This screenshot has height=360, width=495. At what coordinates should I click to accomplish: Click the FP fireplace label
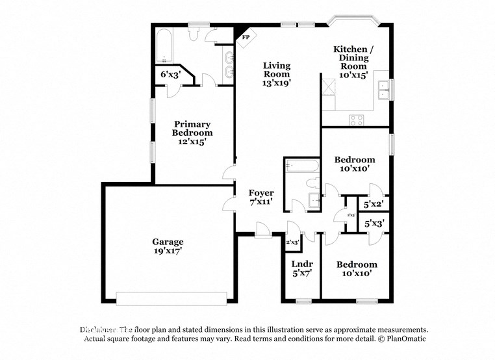coord(246,37)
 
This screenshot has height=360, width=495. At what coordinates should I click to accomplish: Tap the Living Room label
coord(276,74)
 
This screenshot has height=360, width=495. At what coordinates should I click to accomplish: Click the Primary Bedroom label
coord(192,133)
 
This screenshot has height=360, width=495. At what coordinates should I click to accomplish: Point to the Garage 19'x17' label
coord(168,246)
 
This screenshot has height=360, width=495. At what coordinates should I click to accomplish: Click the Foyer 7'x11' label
coord(261,198)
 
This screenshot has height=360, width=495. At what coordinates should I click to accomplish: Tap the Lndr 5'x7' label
coord(302,268)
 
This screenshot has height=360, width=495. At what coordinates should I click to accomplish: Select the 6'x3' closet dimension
coord(170,75)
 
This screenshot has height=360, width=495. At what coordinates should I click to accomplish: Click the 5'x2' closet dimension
coord(374,204)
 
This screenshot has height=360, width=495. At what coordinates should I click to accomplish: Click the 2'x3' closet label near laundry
coord(292,242)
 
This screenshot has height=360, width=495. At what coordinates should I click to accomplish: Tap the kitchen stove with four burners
coord(357,119)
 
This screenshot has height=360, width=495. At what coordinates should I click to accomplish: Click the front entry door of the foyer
coord(263,229)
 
